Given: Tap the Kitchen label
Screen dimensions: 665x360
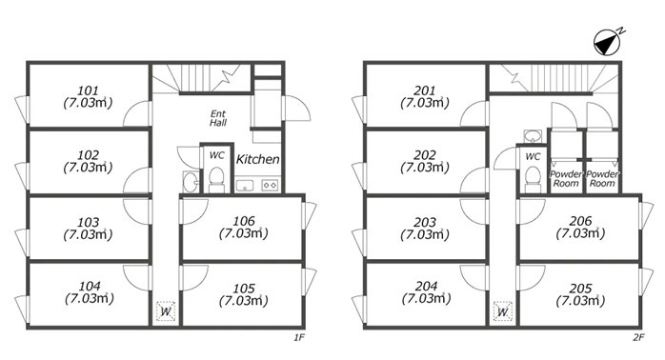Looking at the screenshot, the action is (x=257, y=159).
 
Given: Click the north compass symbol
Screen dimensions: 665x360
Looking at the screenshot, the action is (x=607, y=43).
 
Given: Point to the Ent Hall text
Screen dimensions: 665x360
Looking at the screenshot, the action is (x=218, y=118).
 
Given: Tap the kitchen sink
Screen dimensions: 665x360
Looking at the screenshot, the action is (x=245, y=186).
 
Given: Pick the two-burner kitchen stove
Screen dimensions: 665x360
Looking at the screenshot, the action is (x=270, y=186).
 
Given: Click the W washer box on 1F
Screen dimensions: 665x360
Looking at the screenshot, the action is (x=166, y=311).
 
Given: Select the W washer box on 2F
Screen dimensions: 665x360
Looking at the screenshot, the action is (x=503, y=311).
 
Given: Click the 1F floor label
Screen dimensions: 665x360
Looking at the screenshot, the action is (x=299, y=337).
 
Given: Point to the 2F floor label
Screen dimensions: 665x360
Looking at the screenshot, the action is (x=638, y=337).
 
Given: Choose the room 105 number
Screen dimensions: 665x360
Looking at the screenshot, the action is (x=244, y=289).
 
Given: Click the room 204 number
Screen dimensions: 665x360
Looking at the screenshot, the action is (x=426, y=287).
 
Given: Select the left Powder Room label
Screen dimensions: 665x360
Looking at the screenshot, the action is (x=566, y=179).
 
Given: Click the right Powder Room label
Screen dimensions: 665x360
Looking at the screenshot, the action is (x=602, y=179).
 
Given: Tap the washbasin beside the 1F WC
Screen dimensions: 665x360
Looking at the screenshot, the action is (x=190, y=182).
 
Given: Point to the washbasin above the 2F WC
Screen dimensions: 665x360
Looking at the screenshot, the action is (x=533, y=136).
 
